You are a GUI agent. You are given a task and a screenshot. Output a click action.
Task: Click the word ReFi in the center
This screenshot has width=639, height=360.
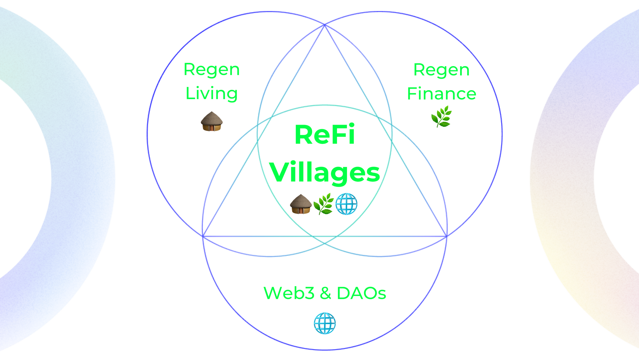(325, 135)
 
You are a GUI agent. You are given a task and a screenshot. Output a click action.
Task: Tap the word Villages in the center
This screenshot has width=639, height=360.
(325, 172)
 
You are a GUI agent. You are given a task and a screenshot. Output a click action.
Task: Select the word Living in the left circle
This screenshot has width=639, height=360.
(212, 93)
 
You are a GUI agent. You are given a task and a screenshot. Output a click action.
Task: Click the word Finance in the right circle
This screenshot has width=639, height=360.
(442, 94)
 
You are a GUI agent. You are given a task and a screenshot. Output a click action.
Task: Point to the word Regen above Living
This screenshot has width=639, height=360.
(212, 69)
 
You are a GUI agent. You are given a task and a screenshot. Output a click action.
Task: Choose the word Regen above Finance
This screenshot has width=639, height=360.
(442, 70)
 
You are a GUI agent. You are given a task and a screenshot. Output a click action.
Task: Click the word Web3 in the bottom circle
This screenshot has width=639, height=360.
(289, 293)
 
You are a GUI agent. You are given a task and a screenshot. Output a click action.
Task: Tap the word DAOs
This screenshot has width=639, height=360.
(361, 293)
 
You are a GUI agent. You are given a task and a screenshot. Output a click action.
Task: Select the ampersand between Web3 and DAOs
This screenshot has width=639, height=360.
(325, 293)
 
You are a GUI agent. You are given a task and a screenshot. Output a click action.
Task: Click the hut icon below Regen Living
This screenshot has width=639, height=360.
(212, 121)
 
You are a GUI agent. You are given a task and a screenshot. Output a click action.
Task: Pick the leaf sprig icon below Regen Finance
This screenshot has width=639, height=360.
(442, 117)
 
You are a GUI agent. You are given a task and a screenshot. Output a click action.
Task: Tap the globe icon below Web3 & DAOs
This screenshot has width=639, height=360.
(325, 323)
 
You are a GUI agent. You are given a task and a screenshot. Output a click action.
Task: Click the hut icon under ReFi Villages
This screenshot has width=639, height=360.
(300, 204)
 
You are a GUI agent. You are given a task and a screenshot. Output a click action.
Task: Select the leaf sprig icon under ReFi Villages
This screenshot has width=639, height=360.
(323, 204)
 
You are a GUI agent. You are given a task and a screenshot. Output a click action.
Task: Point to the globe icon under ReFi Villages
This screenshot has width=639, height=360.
(346, 204)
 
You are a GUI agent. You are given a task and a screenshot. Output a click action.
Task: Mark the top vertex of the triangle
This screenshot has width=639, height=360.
(325, 25)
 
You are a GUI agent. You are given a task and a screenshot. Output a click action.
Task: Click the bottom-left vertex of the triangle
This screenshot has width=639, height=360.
(203, 236)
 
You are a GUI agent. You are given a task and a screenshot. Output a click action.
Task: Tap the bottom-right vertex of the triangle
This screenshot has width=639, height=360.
(446, 237)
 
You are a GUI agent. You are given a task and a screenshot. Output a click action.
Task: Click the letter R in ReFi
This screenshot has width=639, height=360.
(304, 135)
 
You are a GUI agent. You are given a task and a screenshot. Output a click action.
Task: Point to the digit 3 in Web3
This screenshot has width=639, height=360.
(309, 293)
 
